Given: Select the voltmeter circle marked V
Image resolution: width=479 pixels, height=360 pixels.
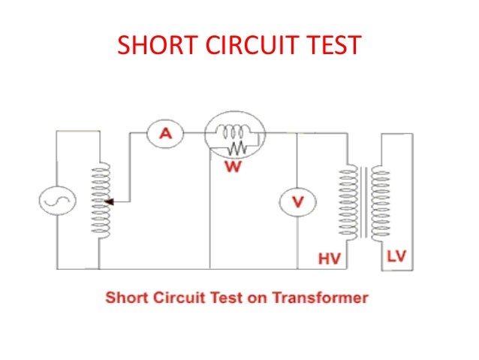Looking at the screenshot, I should click(x=297, y=202).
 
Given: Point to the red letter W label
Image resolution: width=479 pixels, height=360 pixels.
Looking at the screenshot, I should click(x=233, y=166).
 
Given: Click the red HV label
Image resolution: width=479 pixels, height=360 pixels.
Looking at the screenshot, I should click(x=329, y=259).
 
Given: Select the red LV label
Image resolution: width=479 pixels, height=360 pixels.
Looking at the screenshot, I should click(x=396, y=257).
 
